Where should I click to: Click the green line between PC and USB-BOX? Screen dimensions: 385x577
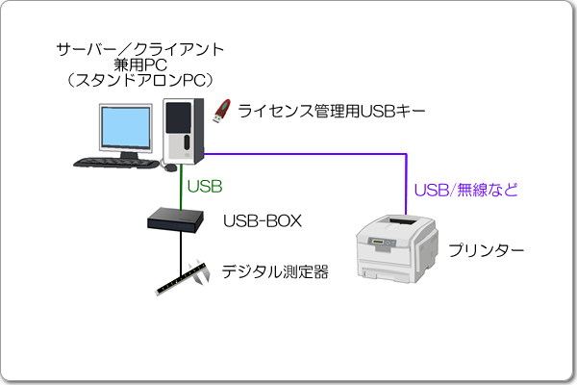[181, 188]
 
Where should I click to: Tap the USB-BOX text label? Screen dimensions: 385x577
[262, 221]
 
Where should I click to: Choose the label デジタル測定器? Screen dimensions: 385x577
[275, 272]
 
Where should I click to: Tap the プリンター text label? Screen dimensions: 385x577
[486, 250]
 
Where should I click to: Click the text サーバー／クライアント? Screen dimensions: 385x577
[140, 47]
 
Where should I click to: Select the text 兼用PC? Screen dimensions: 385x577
[140, 63]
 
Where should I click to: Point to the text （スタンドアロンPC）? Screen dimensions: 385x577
[140, 78]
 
